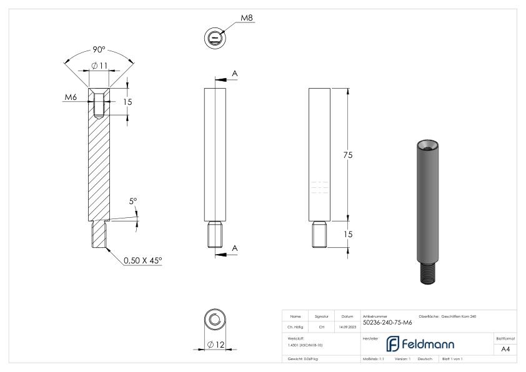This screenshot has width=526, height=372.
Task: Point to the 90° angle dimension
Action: point(99,50)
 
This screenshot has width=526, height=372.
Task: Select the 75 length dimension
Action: point(347,155)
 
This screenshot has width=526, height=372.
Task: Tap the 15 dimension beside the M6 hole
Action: point(128,101)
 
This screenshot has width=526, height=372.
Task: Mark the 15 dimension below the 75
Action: point(347,234)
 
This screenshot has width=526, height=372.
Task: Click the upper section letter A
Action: point(235,74)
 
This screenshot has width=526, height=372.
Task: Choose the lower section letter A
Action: point(235,248)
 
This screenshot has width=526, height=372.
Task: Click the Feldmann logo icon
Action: point(394,344)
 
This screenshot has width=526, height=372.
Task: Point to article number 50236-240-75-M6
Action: point(387,323)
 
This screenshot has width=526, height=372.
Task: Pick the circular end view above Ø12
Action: point(215,321)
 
